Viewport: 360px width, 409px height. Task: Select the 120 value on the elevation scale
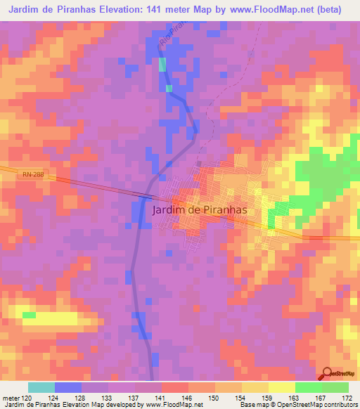pyautogui.click(x=27, y=398)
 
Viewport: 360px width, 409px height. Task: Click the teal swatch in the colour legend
pyautogui.click(x=41, y=387)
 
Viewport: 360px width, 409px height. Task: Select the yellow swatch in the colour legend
pyautogui.click(x=281, y=387)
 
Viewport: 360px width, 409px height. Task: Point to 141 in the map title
pyautogui.click(x=167, y=9)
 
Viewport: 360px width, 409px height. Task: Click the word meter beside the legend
pyautogui.click(x=12, y=398)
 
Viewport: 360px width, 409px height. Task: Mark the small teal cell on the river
pyautogui.click(x=163, y=65)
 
